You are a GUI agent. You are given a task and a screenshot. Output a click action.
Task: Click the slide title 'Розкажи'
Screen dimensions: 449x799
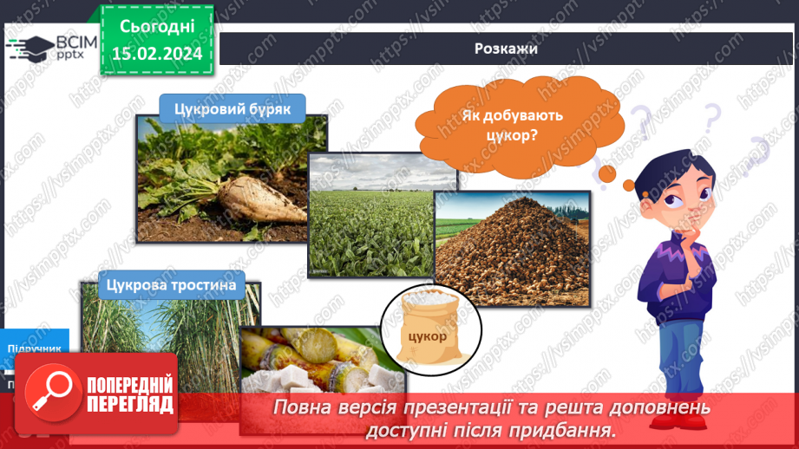pyautogui.click(x=506, y=49)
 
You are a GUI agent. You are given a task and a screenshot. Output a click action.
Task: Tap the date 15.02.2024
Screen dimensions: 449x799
pyautogui.click(x=156, y=54)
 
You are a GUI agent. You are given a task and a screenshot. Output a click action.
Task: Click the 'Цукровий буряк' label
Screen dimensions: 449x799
pyautogui.click(x=232, y=108)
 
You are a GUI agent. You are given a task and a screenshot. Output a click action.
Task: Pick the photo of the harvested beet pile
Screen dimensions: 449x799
pyautogui.click(x=512, y=260)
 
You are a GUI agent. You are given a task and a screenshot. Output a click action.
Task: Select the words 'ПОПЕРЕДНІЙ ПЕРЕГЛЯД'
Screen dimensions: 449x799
pyautogui.click(x=129, y=394)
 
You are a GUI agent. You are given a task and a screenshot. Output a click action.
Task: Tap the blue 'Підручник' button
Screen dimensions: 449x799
pyautogui.click(x=35, y=348)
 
